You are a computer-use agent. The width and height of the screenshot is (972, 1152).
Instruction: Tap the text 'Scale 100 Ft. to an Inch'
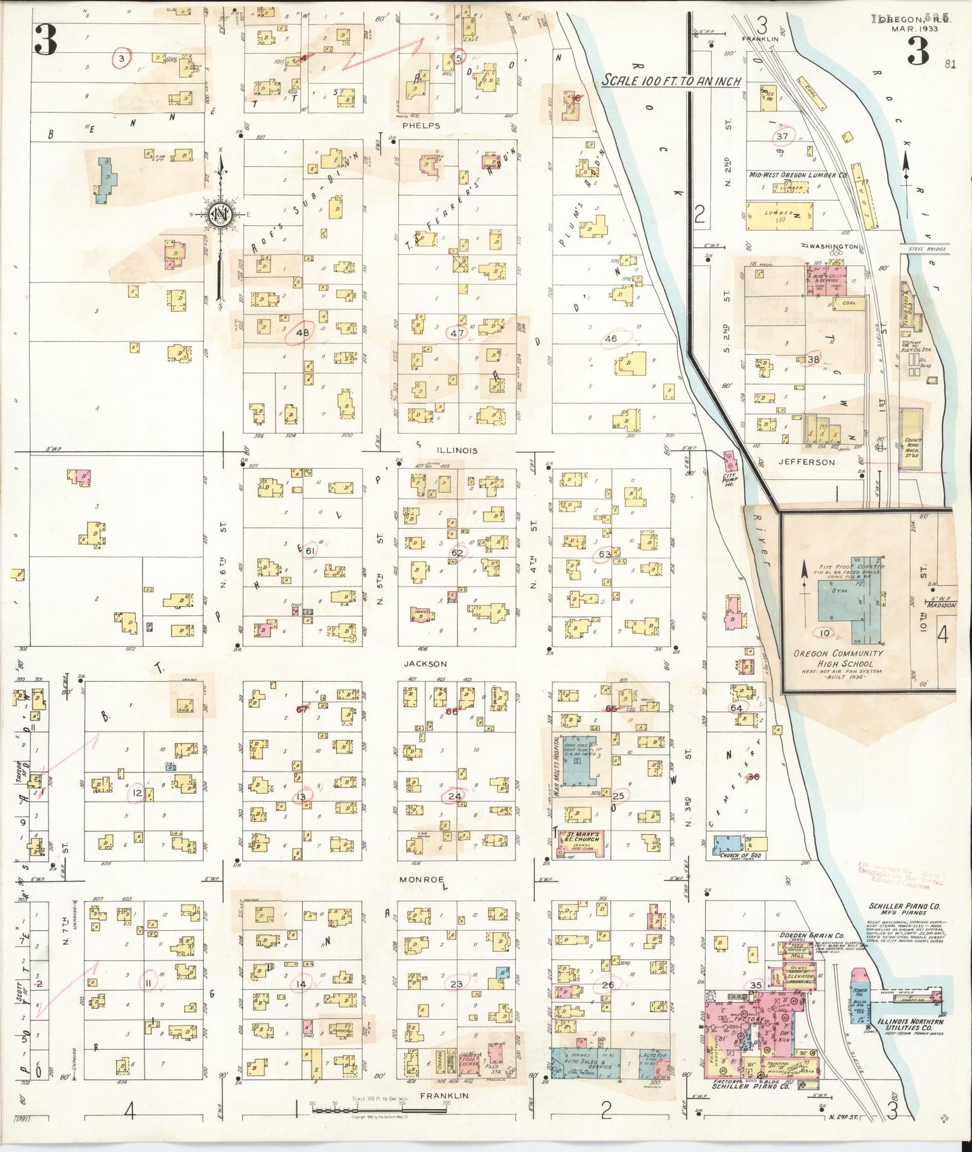[671, 81]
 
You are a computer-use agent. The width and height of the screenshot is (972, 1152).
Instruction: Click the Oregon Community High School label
[837, 657]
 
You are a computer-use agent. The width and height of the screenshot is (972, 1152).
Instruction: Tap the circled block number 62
[457, 552]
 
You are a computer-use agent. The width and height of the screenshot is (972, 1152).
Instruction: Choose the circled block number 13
[301, 796]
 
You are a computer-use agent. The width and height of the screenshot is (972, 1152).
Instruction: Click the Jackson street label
[425, 663]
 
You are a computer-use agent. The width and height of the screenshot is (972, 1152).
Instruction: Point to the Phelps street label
[421, 125]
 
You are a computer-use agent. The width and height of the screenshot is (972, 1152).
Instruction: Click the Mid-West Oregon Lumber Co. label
[797, 175]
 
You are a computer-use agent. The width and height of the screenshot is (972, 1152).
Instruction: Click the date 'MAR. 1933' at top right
[911, 28]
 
